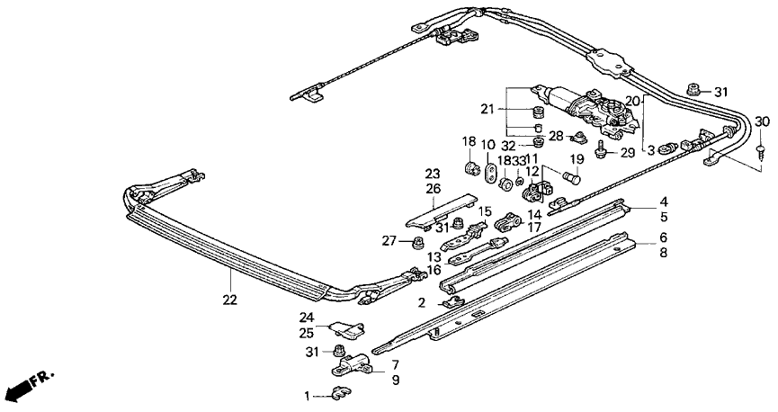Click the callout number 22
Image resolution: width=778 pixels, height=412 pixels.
coord(230,300)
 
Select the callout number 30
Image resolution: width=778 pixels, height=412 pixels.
coord(761,122)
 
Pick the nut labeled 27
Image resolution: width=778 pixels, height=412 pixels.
coord(418,242)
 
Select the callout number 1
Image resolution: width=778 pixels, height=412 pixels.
coord(306,395)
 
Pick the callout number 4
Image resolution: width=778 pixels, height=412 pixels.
coord(664,202)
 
